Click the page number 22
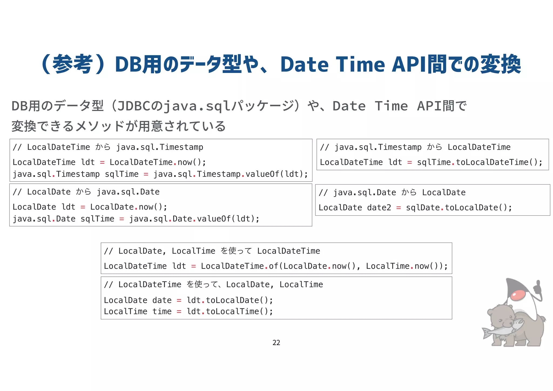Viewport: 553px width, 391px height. pos(276,343)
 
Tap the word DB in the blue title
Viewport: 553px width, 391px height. pos(128,65)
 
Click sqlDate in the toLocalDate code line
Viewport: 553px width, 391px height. pos(423,208)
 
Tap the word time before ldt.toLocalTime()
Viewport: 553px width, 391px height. pos(162,312)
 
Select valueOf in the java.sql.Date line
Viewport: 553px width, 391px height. pos(214,219)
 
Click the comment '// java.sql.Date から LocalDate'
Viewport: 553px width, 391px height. pos(392,192)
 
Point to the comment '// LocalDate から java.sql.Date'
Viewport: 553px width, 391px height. pos(86,192)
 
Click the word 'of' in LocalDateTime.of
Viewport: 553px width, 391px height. pos(273,266)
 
